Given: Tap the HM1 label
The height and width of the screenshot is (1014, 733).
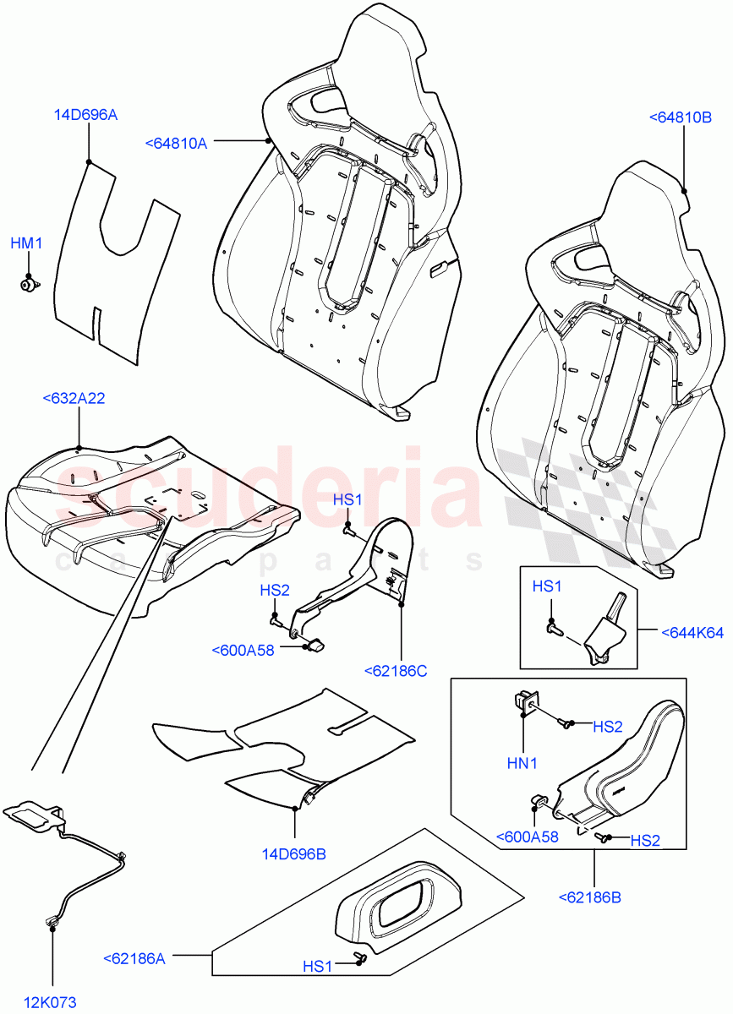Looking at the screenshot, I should tap(26, 243).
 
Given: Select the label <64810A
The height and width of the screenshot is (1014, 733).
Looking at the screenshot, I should tap(176, 144).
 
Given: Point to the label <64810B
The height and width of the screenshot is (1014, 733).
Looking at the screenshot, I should tap(680, 117).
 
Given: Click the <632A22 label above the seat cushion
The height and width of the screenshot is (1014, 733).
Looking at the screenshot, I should tap(74, 398).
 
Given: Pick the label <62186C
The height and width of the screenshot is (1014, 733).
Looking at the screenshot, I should tap(396, 671).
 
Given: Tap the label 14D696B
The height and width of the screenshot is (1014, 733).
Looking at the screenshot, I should tap(293, 853).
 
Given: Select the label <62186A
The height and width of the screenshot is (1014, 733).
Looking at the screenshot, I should tap(134, 958).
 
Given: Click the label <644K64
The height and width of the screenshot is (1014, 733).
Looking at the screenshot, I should tap(692, 631).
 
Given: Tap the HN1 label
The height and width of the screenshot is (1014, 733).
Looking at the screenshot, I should tap(522, 763).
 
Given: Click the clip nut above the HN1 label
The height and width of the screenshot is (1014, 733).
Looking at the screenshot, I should tap(523, 701).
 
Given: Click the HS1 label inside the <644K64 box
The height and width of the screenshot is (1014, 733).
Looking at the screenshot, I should tap(546, 586).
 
